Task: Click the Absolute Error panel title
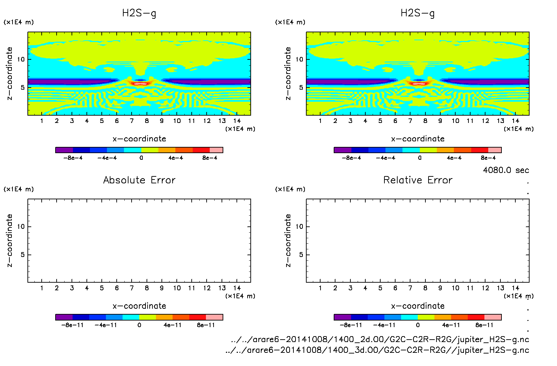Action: click(139, 180)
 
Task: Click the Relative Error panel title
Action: click(418, 180)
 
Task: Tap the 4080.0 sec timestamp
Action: click(506, 170)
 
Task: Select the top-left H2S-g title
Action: click(139, 13)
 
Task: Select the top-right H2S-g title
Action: click(418, 13)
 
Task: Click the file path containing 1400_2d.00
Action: click(380, 339)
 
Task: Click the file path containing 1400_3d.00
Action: click(377, 350)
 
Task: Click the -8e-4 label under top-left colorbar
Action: click(73, 158)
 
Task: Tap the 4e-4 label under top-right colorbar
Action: click(454, 158)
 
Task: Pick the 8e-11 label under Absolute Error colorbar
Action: click(206, 325)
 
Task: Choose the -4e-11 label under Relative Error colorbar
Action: click(384, 325)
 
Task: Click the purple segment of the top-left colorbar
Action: click(64, 150)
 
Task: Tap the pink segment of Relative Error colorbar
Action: click(493, 317)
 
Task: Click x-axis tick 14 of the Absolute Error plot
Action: click(237, 288)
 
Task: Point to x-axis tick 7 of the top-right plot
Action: click(410, 121)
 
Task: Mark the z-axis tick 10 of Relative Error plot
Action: click(299, 226)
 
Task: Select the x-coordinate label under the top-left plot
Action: click(139, 139)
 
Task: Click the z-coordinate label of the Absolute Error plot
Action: click(9, 240)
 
